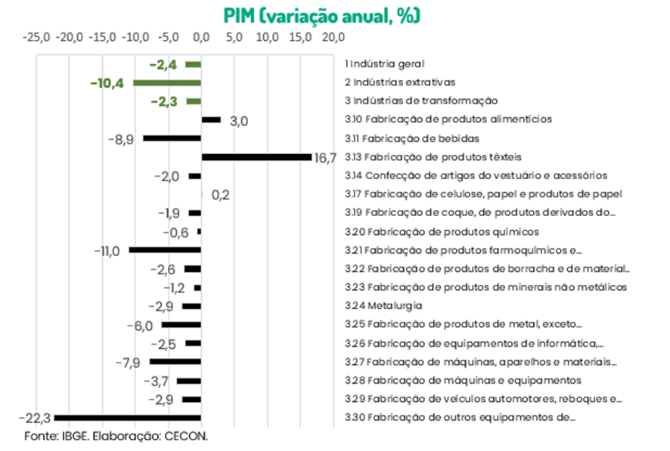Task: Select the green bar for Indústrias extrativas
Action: tap(167, 82)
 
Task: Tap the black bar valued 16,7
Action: tap(256, 157)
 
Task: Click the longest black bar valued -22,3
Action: tap(128, 418)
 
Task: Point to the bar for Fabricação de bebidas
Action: tap(172, 138)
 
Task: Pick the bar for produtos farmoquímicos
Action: tap(165, 250)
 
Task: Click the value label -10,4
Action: tap(107, 83)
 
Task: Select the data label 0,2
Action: tap(220, 195)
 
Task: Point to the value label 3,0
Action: tap(239, 121)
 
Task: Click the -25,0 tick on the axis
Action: tap(36, 36)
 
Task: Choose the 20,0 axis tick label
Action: tap(333, 36)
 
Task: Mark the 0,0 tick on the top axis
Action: tap(201, 36)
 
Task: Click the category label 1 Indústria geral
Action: tap(384, 63)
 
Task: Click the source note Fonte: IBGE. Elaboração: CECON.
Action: tap(116, 437)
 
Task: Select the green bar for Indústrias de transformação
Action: tap(194, 101)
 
